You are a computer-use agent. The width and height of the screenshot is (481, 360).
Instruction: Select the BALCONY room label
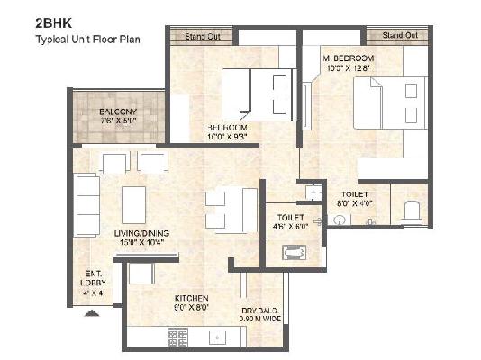point(118,112)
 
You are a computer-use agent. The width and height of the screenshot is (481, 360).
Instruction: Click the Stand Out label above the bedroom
point(202,36)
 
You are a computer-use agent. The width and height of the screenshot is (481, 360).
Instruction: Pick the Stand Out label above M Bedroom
point(399,35)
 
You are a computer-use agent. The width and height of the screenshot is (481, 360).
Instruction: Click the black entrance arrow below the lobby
point(92,313)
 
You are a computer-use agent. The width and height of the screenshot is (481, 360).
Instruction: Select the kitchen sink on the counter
point(218,338)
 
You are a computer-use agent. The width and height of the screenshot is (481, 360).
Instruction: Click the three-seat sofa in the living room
point(86,204)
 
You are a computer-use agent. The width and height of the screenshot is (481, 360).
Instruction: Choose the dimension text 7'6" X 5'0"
point(118,123)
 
